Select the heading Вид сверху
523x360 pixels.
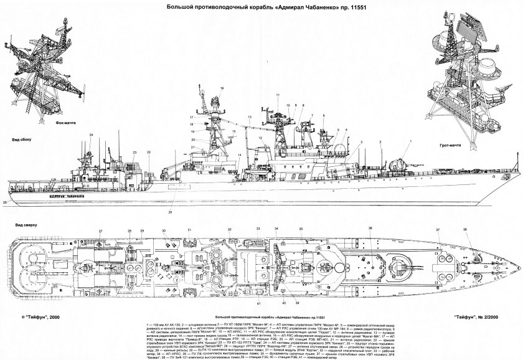pyautogui.click(x=21, y=222)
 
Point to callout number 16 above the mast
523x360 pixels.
pyautogui.click(x=221, y=88)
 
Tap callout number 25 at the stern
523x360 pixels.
pyautogui.click(x=5, y=202)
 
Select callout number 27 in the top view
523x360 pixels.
pyautogui.click(x=100, y=231)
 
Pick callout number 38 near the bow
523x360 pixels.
pyautogui.click(x=466, y=230)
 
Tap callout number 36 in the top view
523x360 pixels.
pyautogui.click(x=370, y=229)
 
